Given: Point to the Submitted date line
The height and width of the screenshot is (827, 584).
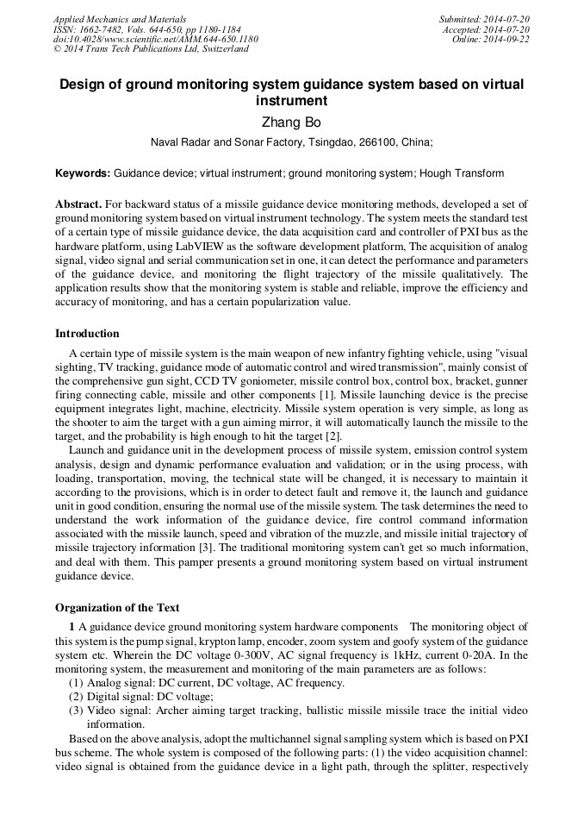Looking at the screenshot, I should [x=484, y=19].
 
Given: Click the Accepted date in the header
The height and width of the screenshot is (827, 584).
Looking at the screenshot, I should [x=486, y=29].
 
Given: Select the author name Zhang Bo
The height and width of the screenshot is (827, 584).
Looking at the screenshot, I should [x=291, y=122].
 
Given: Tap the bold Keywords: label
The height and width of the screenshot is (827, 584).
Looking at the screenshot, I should [x=83, y=173].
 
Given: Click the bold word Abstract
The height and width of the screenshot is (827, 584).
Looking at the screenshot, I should [x=78, y=204].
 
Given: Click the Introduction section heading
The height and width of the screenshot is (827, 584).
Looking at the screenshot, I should [x=87, y=334].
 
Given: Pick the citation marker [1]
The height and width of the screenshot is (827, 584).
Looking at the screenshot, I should [x=327, y=393].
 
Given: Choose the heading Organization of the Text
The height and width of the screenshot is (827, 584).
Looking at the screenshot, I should [x=117, y=608].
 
